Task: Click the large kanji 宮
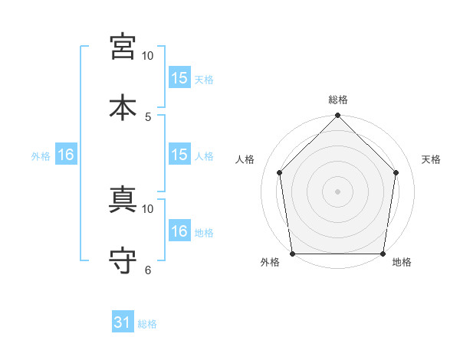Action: [x=123, y=47]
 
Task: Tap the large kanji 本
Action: [x=123, y=107]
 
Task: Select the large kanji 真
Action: [x=123, y=199]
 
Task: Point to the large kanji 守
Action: [x=123, y=260]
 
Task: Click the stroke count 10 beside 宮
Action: [x=147, y=56]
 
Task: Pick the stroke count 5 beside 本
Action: [x=148, y=117]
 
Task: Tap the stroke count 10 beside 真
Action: [x=147, y=209]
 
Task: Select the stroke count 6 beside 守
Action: [x=148, y=270]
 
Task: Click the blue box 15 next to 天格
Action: [x=179, y=77]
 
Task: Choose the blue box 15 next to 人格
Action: [x=179, y=154]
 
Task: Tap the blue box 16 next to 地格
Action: [x=179, y=230]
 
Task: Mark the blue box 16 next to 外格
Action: [x=66, y=154]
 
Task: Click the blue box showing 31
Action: [x=123, y=321]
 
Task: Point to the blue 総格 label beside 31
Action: [x=147, y=324]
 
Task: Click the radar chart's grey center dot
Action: [x=337, y=191]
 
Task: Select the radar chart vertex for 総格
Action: [x=337, y=115]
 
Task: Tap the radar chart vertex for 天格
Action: [x=396, y=172]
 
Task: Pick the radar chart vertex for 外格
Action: [x=293, y=254]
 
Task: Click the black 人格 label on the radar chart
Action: [x=245, y=159]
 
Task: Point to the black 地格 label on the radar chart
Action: [x=402, y=262]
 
